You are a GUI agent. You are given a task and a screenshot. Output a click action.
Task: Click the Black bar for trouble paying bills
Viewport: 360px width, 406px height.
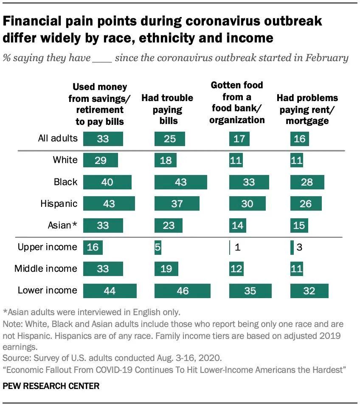(x=180, y=182)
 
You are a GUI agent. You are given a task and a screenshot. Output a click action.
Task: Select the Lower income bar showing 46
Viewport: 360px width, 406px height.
(x=182, y=290)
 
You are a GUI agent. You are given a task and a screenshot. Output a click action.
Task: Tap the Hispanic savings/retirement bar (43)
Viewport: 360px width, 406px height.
(x=109, y=203)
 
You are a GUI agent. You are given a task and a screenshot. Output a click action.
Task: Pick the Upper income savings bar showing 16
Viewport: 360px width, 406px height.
(x=93, y=247)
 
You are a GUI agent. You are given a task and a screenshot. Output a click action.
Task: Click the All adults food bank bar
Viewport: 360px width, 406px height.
(x=239, y=139)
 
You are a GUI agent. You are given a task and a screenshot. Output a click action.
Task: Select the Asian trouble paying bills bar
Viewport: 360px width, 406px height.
(x=169, y=225)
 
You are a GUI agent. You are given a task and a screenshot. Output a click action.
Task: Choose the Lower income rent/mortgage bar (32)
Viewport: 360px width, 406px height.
(x=309, y=290)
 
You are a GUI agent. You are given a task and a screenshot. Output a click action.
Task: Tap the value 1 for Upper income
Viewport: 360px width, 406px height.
(x=238, y=247)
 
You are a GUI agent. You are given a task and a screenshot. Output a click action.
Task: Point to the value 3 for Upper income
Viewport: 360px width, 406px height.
(x=299, y=247)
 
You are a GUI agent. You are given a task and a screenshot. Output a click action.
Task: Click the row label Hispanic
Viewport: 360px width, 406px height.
(x=59, y=203)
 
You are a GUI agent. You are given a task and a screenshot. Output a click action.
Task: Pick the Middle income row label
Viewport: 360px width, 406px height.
(x=46, y=269)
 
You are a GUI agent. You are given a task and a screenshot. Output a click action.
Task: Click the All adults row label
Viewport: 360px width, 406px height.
(x=58, y=138)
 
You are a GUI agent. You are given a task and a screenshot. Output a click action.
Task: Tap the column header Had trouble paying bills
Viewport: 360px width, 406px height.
(x=167, y=110)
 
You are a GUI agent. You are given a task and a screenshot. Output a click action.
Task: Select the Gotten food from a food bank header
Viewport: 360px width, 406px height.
(x=237, y=102)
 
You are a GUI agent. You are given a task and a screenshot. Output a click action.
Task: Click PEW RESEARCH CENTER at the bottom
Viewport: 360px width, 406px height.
(x=51, y=386)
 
